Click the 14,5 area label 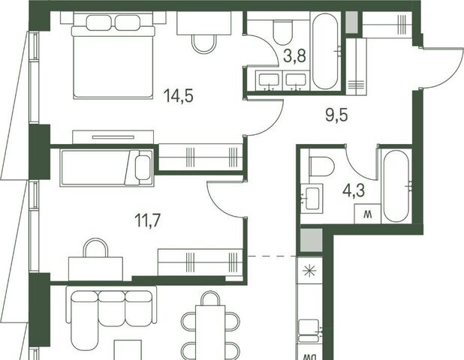[x=179, y=95]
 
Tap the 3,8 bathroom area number [x=294, y=55]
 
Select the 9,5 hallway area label [x=336, y=115]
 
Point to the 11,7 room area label [x=147, y=220]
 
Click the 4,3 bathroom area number [x=354, y=190]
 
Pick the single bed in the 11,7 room [x=107, y=168]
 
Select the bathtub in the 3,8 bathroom [x=325, y=52]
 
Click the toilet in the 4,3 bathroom [x=321, y=166]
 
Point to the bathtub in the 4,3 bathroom [x=396, y=186]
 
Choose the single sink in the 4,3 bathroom [x=312, y=198]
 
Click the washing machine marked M [x=368, y=214]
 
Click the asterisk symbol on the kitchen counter [x=310, y=271]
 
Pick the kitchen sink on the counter [x=309, y=331]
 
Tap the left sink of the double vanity [x=269, y=80]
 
